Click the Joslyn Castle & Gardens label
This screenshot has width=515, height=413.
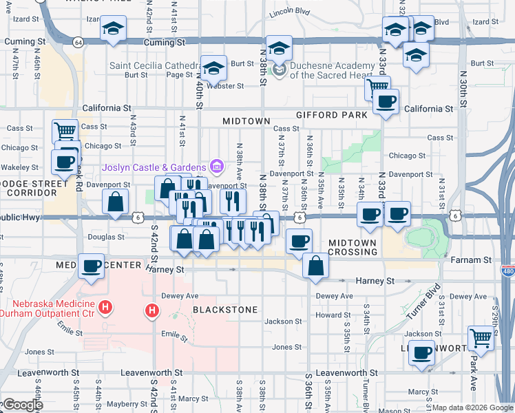pyautogui.click(x=154, y=167)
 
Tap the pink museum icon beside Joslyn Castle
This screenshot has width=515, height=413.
pyautogui.click(x=216, y=165)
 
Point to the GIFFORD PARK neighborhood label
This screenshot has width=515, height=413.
pyautogui.click(x=332, y=115)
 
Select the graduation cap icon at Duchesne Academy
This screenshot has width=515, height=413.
pyautogui.click(x=279, y=49)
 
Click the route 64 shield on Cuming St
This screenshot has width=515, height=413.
pyautogui.click(x=79, y=43)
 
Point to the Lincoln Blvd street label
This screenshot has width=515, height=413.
pyautogui.click(x=291, y=12)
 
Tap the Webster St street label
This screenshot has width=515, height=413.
pyautogui.click(x=227, y=86)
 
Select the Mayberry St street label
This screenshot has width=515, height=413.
pyautogui.click(x=123, y=404)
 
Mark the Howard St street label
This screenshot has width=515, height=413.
pyautogui.click(x=333, y=315)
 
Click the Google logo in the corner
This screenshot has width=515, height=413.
pyautogui.click(x=22, y=405)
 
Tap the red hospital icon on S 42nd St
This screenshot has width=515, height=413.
pyautogui.click(x=152, y=311)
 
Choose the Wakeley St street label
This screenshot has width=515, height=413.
pyautogui.click(x=19, y=167)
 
